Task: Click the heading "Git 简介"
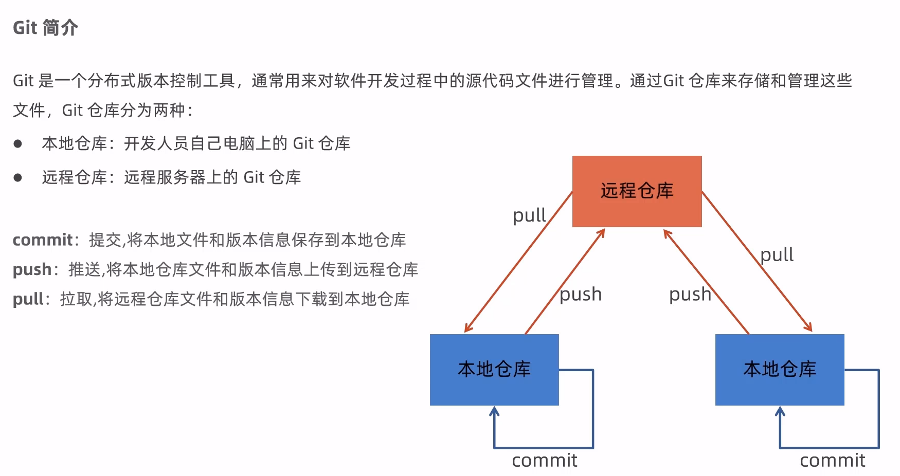coord(45,28)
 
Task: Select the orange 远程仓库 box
coord(637,191)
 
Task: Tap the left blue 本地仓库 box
coord(494,370)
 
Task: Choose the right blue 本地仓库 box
coord(780,370)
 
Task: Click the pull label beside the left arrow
coord(529,215)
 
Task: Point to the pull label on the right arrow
coord(777,254)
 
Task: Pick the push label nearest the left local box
coord(581,295)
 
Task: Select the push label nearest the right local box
coord(690,295)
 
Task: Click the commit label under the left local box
coord(545,461)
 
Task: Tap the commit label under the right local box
coord(833,461)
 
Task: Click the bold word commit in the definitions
coord(43,240)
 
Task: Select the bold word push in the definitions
coord(32,270)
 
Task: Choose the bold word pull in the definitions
coord(28,299)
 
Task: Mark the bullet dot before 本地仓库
coord(18,144)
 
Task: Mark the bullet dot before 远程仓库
coord(18,178)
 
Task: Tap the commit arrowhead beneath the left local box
coord(494,411)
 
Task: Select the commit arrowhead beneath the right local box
coord(780,411)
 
